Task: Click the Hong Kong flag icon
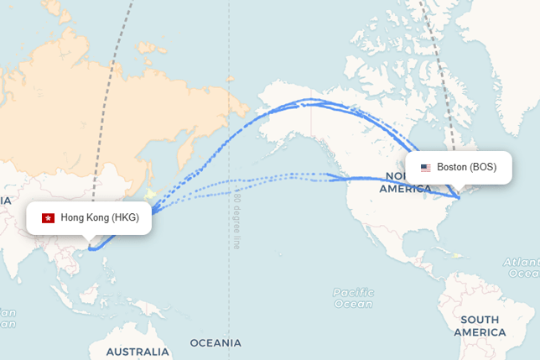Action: point(48,218)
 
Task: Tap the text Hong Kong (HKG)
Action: point(100,218)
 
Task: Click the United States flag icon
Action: point(426,168)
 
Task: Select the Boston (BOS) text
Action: point(466,168)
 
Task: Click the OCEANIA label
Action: point(215,343)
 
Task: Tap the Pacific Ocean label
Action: point(353,298)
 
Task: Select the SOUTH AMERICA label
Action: point(480,326)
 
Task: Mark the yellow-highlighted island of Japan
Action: point(150,195)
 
